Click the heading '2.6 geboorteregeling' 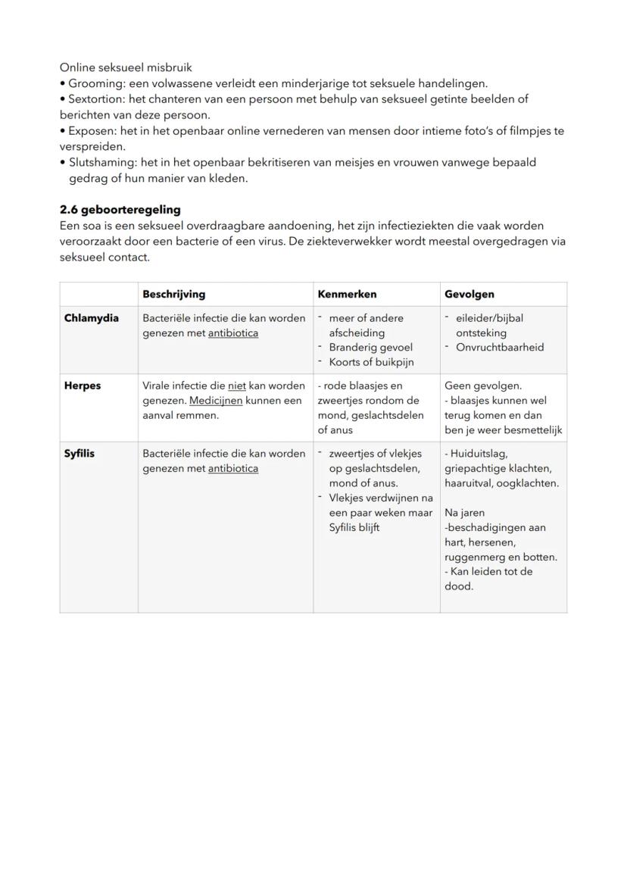coord(120,210)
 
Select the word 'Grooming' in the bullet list coord(92,83)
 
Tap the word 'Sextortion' coord(94,99)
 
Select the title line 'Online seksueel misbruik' coord(126,67)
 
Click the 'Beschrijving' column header coord(173,294)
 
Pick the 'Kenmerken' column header coord(347,294)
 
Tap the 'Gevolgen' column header coord(469,294)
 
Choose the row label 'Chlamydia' coord(92,318)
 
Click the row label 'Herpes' coord(83,386)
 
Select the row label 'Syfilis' coord(80,454)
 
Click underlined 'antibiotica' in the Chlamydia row coord(233,333)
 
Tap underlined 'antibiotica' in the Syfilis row coord(233,469)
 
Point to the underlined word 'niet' coord(236,386)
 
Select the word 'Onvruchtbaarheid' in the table coord(499,348)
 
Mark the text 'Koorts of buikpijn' coord(371,362)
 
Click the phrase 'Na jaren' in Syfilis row coord(465,513)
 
